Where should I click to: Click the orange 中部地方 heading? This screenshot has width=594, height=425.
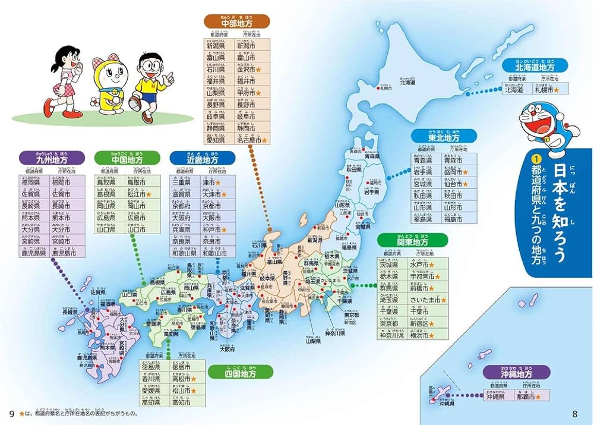[x=236, y=21]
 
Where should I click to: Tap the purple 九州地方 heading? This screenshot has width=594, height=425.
[x=52, y=159]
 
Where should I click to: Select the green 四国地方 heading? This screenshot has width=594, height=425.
[x=241, y=375]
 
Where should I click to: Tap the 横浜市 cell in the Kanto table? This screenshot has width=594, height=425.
[x=423, y=335]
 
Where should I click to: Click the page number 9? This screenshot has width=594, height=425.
[x=11, y=414]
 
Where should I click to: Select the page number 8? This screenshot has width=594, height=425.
[x=574, y=414]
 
